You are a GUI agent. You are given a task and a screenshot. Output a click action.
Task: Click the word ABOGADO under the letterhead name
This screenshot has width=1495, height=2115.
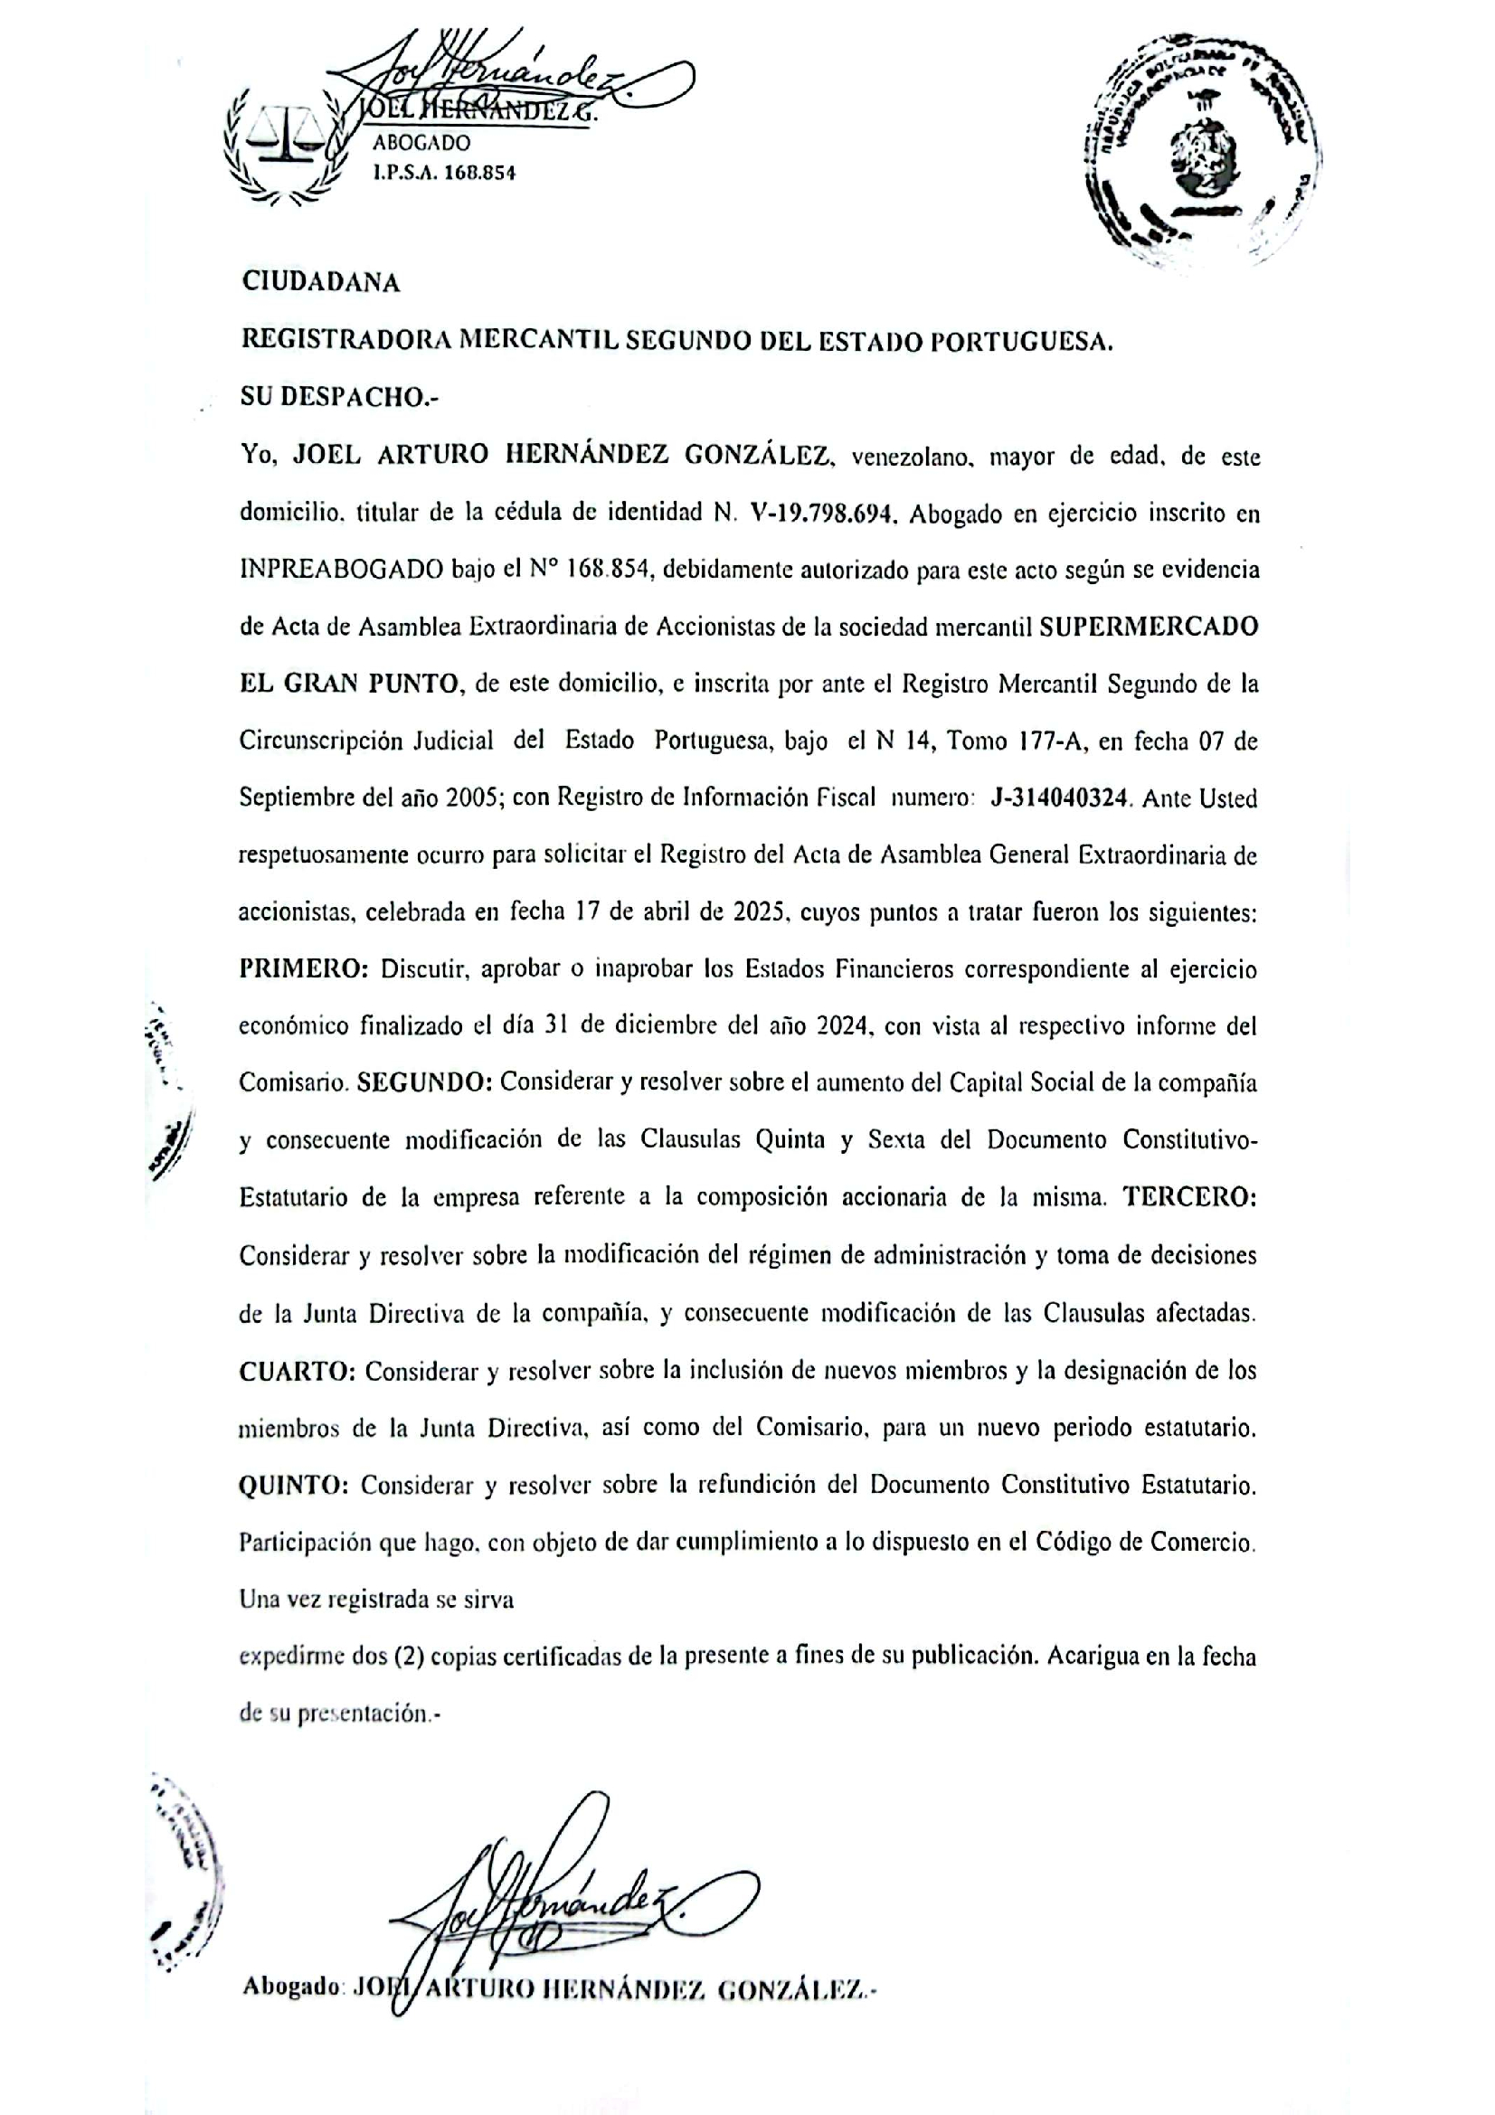(x=421, y=143)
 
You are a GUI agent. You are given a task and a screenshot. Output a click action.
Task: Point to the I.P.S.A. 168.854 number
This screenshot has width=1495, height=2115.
(x=444, y=173)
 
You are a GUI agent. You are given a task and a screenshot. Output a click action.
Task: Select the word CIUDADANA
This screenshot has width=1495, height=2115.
(x=320, y=283)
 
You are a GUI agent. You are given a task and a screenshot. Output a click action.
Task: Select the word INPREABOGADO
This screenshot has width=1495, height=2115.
(x=342, y=571)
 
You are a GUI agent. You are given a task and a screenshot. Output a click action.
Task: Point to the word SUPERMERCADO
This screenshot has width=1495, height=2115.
(x=1149, y=628)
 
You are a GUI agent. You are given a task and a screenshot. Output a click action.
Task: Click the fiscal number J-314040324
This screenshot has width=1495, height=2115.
(x=1059, y=798)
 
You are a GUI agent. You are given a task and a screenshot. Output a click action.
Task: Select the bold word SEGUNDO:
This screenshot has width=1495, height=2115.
(x=425, y=1083)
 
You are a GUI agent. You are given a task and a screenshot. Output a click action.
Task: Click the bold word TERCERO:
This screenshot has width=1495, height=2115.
(x=1189, y=1197)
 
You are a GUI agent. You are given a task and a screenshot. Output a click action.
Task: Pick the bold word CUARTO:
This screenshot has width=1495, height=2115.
(x=298, y=1372)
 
